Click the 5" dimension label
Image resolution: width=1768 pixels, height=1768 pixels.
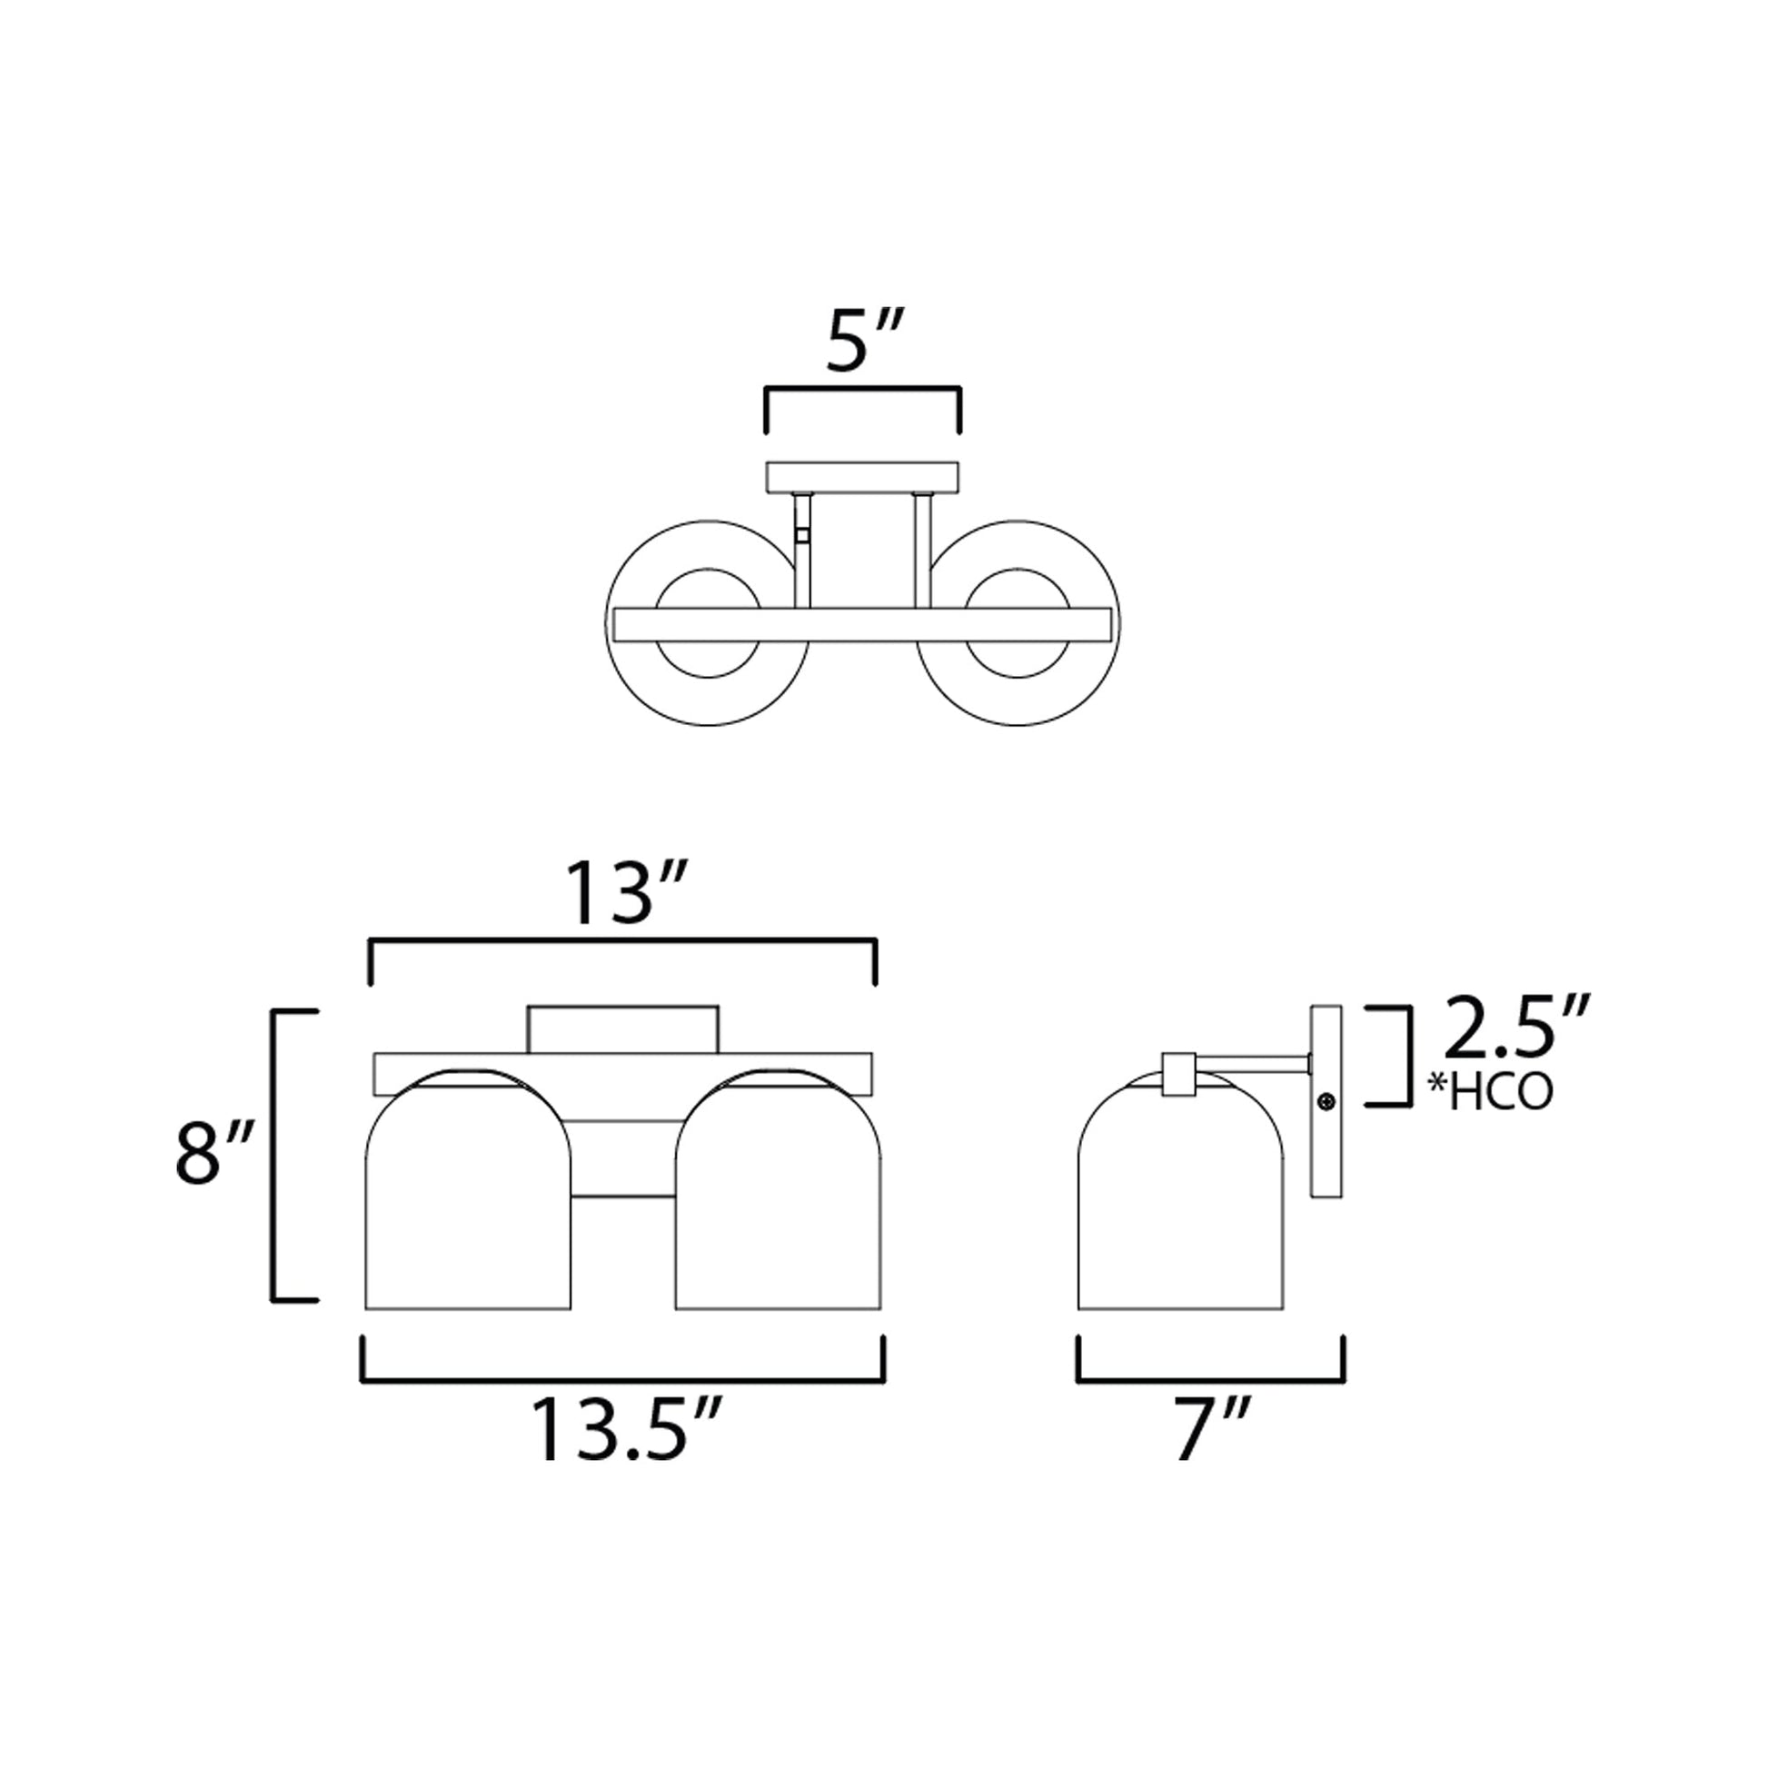(x=864, y=343)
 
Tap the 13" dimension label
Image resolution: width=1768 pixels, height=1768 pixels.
(x=624, y=893)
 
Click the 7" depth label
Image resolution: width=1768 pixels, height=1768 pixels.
(x=1211, y=1429)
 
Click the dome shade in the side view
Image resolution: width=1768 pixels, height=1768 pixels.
(x=1180, y=1208)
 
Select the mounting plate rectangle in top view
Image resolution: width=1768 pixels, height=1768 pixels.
(x=862, y=477)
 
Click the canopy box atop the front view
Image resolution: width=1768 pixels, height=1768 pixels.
(x=622, y=1029)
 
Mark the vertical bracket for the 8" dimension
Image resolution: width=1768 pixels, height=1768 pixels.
(x=274, y=1155)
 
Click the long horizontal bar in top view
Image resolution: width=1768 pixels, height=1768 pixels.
(x=862, y=624)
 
